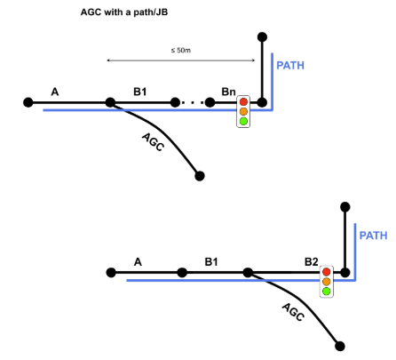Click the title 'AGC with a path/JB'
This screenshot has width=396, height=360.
pos(124,12)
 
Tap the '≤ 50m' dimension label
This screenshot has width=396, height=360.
pos(181,51)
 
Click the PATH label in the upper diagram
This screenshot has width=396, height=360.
pos(290,66)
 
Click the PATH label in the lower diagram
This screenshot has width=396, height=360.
pos(373,236)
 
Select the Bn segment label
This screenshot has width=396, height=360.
pos(228,92)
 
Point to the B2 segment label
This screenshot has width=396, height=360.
pos(312,262)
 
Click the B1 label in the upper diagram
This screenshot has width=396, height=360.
pos(140,92)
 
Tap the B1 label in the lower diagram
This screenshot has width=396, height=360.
pos(211,262)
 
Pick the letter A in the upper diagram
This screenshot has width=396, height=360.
pos(55,92)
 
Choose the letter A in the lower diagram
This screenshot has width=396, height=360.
pos(138,262)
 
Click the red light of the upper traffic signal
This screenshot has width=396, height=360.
pos(243,102)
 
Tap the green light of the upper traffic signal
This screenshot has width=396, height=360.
pos(243,121)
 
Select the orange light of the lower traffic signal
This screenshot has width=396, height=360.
pos(327,282)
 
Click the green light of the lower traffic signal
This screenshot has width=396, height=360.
pos(327,292)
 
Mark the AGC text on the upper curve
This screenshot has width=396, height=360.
pos(153,142)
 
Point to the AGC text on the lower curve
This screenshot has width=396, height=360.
pos(293,312)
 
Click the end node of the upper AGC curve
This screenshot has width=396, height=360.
pos(200,176)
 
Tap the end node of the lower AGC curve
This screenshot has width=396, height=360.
pos(340,346)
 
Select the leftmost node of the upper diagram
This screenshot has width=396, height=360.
pos(28,102)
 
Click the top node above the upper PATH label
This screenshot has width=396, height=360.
pos(262,37)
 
